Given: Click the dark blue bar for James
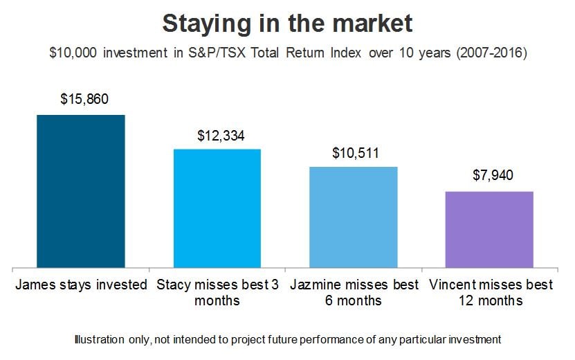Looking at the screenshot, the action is click(x=81, y=191).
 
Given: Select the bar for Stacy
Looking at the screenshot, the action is click(x=217, y=208).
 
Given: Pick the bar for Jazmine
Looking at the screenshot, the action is click(x=354, y=217).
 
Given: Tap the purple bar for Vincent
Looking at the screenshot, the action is click(x=489, y=230).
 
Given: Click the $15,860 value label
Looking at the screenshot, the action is click(x=84, y=99).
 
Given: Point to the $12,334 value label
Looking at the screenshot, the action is click(x=221, y=136).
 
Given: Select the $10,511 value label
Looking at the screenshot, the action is click(x=356, y=153).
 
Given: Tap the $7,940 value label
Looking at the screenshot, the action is click(x=493, y=175).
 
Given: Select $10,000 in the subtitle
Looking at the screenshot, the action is click(x=73, y=53).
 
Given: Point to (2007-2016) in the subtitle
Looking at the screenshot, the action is click(x=492, y=53).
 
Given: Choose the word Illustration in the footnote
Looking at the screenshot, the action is click(x=99, y=339).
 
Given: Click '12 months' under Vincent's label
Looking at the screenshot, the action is click(x=491, y=301).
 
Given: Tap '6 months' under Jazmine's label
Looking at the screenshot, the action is click(x=354, y=301).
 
